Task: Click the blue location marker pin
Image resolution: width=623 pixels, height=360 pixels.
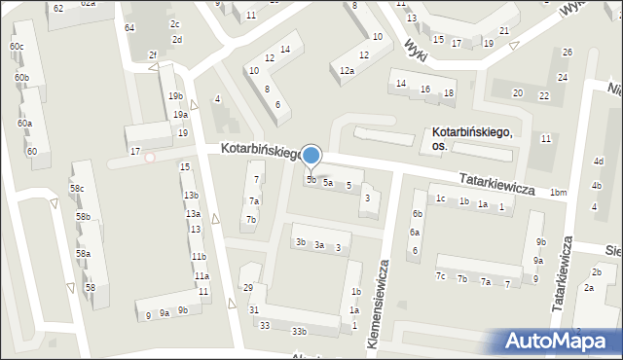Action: [311, 156]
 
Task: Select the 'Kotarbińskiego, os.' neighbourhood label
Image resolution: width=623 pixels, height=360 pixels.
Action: [472, 138]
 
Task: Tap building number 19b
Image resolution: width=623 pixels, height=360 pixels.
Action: [175, 95]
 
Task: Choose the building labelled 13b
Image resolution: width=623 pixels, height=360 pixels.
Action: [192, 196]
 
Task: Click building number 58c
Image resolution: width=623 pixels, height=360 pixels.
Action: [76, 188]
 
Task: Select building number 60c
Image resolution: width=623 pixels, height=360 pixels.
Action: [17, 47]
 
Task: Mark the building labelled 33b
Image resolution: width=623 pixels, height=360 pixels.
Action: [300, 332]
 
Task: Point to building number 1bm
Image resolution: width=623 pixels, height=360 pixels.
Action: [558, 193]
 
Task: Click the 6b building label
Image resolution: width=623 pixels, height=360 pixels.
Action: [418, 214]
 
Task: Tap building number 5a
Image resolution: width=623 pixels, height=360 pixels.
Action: [328, 182]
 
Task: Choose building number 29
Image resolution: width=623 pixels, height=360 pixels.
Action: [248, 288]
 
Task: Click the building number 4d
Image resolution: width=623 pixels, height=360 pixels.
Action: [599, 161]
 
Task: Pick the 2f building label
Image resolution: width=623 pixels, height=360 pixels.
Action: [152, 54]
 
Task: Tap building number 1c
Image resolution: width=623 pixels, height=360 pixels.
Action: [441, 198]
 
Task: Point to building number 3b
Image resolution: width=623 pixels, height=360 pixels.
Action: [301, 241]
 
